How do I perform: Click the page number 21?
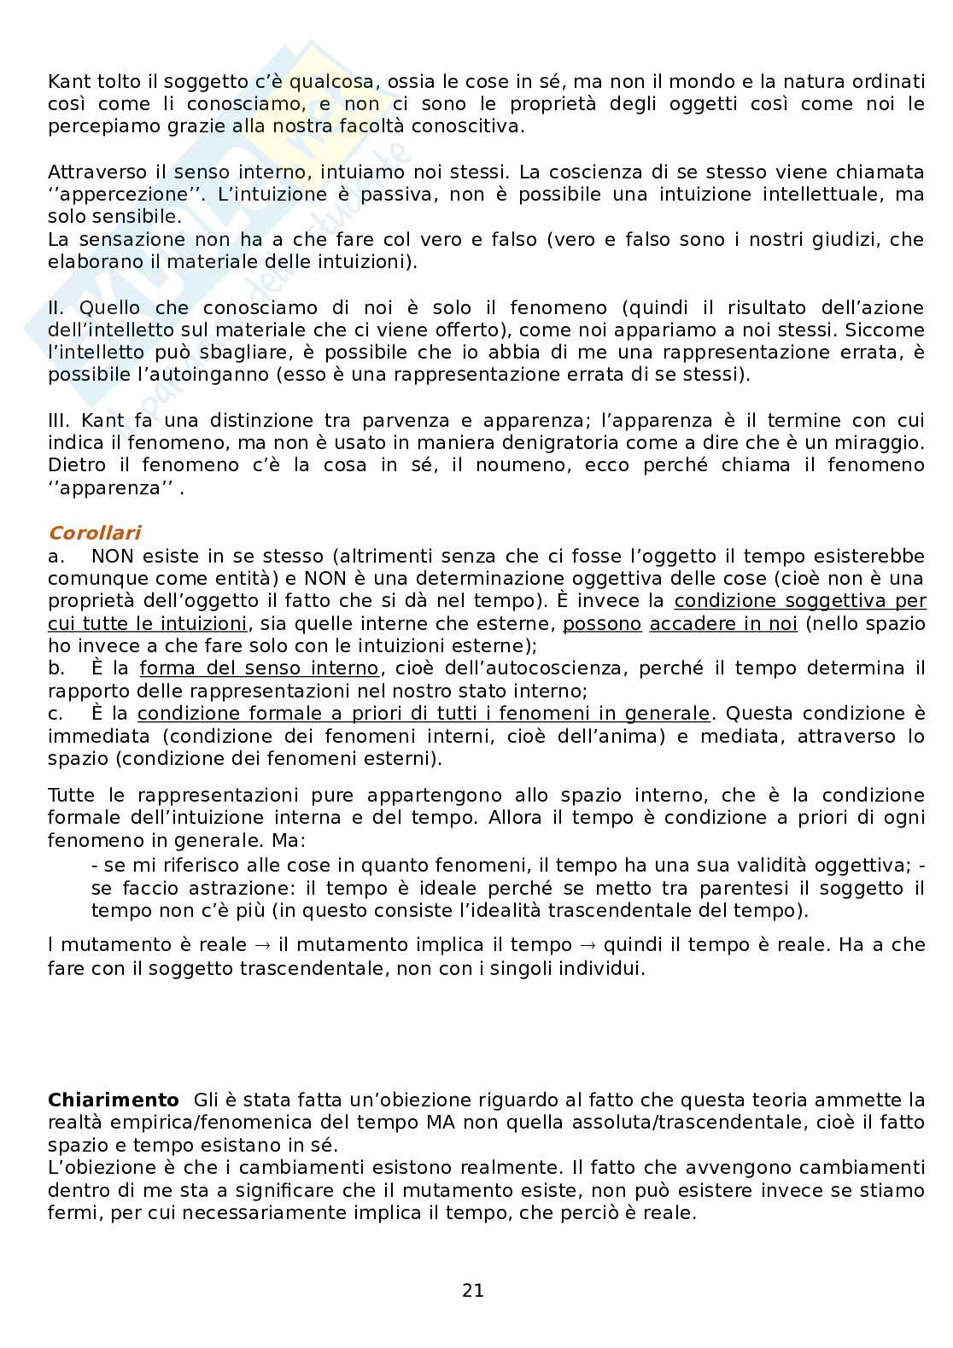click(x=472, y=1291)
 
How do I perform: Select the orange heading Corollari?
click(x=94, y=534)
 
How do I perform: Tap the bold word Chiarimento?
click(x=114, y=1100)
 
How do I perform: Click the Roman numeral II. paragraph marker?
click(x=58, y=307)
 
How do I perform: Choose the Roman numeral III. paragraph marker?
click(x=61, y=421)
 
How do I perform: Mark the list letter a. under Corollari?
click(x=56, y=557)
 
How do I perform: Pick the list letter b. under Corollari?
click(x=56, y=668)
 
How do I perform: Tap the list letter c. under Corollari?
click(x=56, y=714)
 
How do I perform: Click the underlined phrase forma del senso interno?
click(x=258, y=668)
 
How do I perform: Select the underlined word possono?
click(x=601, y=624)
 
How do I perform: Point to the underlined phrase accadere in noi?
click(x=722, y=624)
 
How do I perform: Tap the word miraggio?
click(x=880, y=443)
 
